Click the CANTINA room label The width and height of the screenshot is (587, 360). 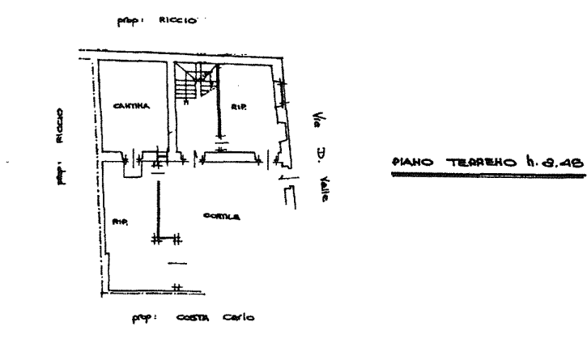click(129, 107)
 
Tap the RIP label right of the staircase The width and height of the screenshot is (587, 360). click(237, 107)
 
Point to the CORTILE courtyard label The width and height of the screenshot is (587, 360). click(221, 215)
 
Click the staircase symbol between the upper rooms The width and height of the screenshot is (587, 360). click(194, 83)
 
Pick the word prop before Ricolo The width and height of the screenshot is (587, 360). click(128, 23)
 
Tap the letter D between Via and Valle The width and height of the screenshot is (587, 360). click(321, 154)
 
